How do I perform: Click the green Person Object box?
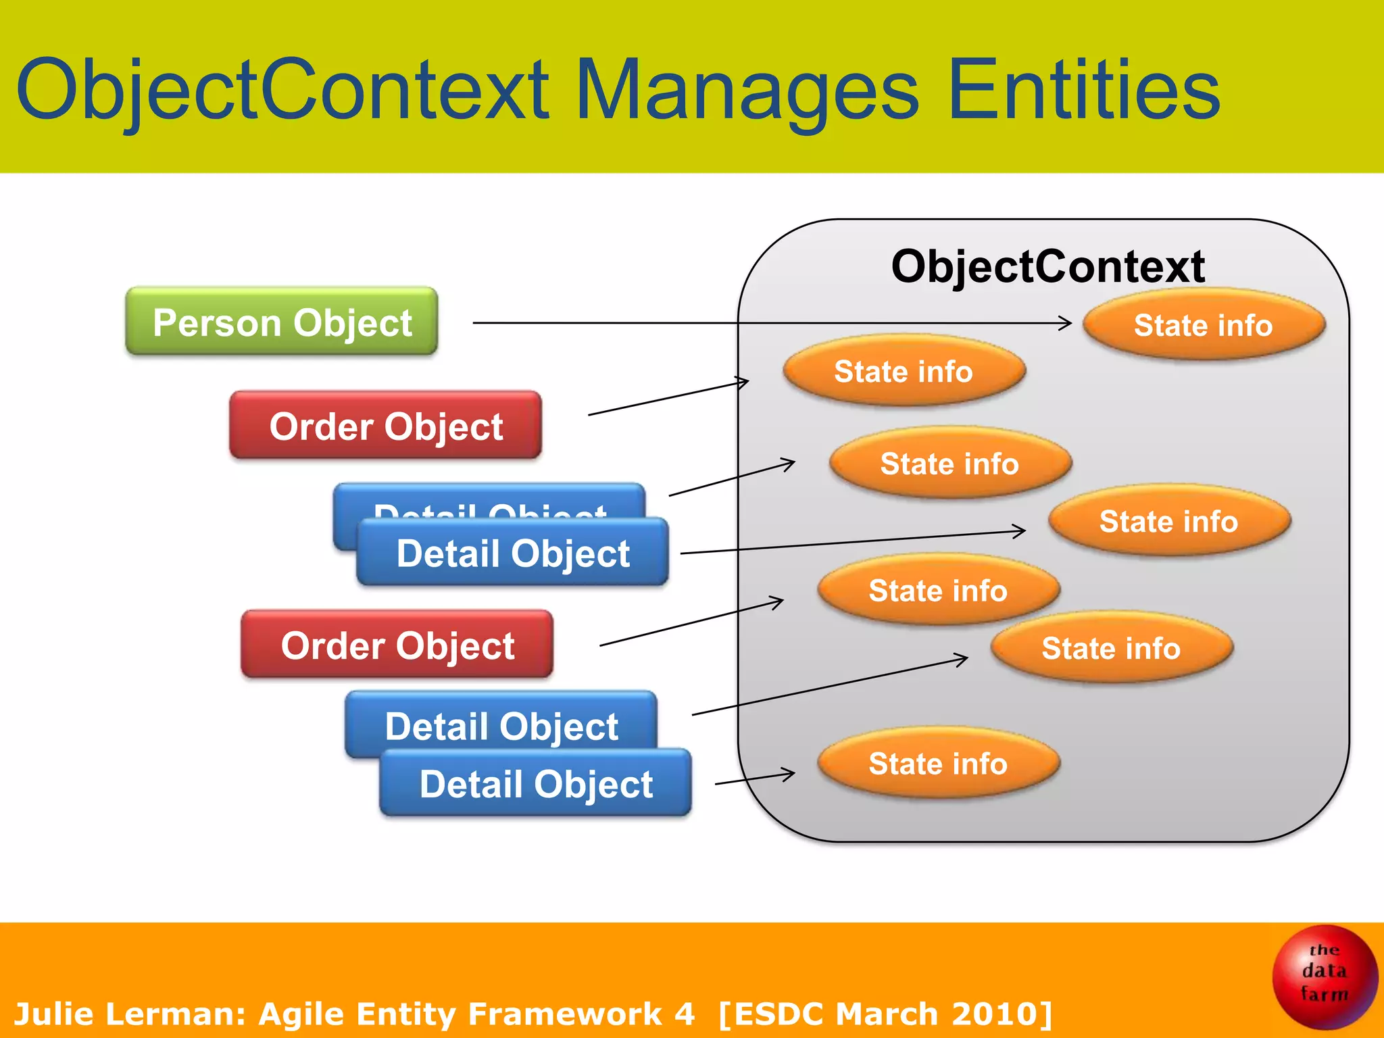[281, 322]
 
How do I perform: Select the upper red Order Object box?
[385, 426]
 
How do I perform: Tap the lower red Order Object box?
[397, 645]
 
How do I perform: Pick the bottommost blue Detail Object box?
[535, 784]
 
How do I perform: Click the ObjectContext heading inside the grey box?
[1047, 266]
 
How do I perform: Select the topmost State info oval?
[1203, 325]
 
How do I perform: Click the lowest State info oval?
[938, 764]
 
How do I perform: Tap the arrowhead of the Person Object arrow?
[1066, 323]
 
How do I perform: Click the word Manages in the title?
[746, 89]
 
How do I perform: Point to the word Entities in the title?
[1084, 89]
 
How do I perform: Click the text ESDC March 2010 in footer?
[885, 1014]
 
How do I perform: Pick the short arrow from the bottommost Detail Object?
[754, 778]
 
